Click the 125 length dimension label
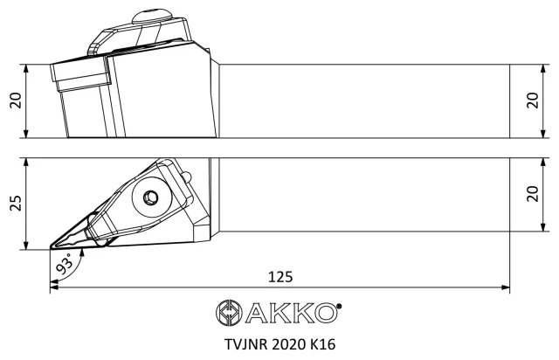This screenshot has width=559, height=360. (x=280, y=276)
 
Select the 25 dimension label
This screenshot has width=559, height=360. (x=16, y=204)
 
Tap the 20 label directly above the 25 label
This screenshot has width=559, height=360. (x=16, y=100)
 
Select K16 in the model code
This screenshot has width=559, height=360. (x=323, y=344)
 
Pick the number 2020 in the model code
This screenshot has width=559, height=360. (x=289, y=344)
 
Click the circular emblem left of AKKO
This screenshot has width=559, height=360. (x=229, y=312)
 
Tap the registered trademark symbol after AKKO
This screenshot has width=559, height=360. (x=339, y=306)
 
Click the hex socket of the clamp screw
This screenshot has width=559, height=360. (x=150, y=197)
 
